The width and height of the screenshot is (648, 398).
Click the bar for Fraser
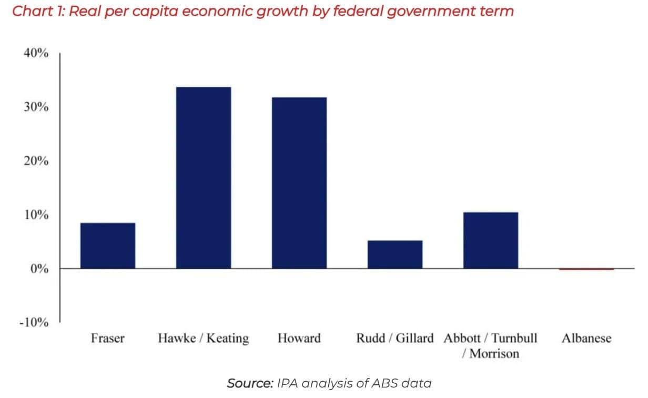[108, 246]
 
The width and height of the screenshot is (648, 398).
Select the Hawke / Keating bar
[204, 178]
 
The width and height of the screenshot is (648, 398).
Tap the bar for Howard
[299, 183]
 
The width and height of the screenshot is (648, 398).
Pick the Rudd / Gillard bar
[395, 254]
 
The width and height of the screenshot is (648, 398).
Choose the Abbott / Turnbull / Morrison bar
[491, 240]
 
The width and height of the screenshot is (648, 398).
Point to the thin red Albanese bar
[586, 269]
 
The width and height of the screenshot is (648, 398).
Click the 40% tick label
[36, 53]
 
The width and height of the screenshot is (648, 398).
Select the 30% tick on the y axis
[36, 107]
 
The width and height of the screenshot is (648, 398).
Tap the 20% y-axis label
[36, 160]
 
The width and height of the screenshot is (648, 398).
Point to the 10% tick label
[36, 215]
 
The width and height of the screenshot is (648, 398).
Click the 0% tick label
[39, 269]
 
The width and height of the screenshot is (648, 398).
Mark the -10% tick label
[34, 322]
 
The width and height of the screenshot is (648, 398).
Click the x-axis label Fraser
[108, 338]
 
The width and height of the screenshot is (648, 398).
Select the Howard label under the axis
[299, 338]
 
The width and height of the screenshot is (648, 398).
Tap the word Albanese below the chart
[586, 338]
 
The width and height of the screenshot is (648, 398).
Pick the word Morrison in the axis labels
[494, 353]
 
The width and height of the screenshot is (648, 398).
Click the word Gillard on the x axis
[414, 339]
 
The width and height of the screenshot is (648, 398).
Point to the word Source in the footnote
[250, 383]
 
